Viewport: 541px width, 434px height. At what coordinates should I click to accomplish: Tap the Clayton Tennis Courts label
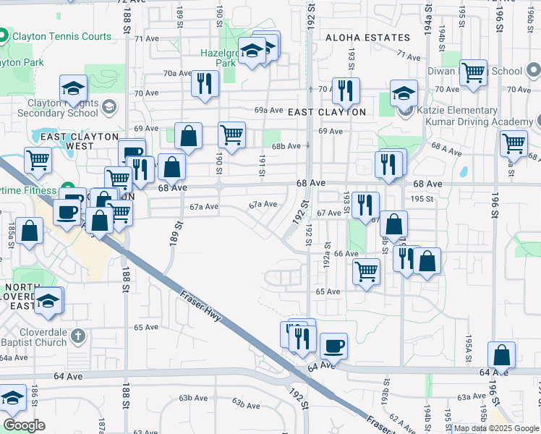66,36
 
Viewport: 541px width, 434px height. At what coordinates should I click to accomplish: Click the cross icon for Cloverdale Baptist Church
78,336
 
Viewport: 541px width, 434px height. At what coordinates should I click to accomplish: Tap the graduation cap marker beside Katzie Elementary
404,94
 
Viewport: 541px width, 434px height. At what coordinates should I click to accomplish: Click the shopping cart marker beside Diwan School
473,72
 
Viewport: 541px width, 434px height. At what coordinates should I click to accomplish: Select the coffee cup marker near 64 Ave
333,346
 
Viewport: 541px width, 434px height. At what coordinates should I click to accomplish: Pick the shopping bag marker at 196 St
501,355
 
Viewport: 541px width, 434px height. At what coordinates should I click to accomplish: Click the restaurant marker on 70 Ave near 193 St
346,90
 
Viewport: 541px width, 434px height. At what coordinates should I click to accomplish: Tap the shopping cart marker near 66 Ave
367,272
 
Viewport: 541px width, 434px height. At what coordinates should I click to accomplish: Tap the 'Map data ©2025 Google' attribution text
495,428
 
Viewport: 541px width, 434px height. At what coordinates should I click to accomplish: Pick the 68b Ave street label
286,146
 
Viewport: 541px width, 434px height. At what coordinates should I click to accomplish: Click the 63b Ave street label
193,399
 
